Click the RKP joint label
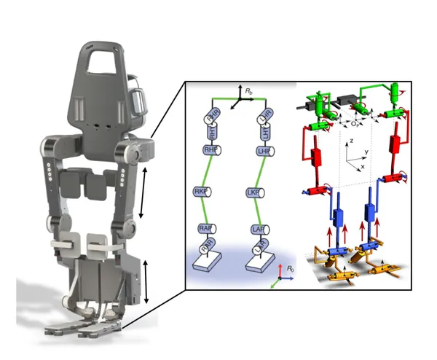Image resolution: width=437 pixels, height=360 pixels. pyautogui.click(x=200, y=191)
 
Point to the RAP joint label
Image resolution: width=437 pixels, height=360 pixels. pyautogui.click(x=205, y=229)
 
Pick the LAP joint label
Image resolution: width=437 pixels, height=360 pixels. pyautogui.click(x=256, y=229)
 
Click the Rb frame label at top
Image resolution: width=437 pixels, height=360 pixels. pyautogui.click(x=249, y=91)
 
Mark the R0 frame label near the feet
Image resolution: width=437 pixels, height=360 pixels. pyautogui.click(x=291, y=269)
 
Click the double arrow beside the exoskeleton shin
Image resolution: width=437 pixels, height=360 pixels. pyautogui.click(x=146, y=281)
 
